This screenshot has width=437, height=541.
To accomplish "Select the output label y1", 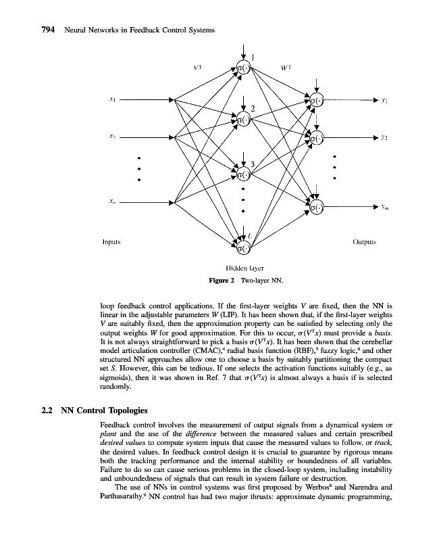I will point(383,99).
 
